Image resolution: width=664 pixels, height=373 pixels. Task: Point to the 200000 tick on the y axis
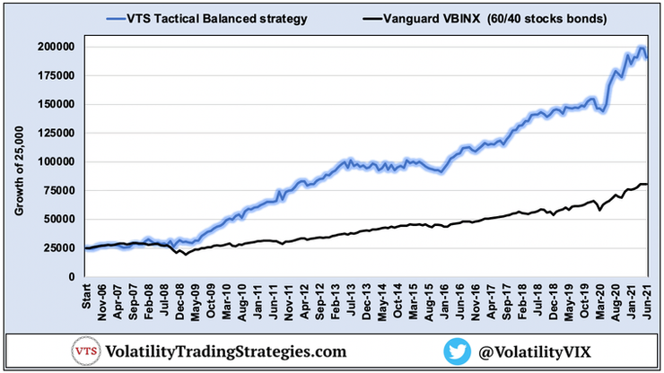pos(56,46)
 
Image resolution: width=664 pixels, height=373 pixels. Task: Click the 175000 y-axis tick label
pos(56,75)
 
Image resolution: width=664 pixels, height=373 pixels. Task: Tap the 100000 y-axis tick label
pos(56,161)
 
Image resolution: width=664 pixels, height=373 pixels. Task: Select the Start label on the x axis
pos(86,296)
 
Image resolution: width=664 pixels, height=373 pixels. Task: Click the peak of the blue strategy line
pos(639,48)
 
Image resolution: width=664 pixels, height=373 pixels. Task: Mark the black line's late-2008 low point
pos(183,255)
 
